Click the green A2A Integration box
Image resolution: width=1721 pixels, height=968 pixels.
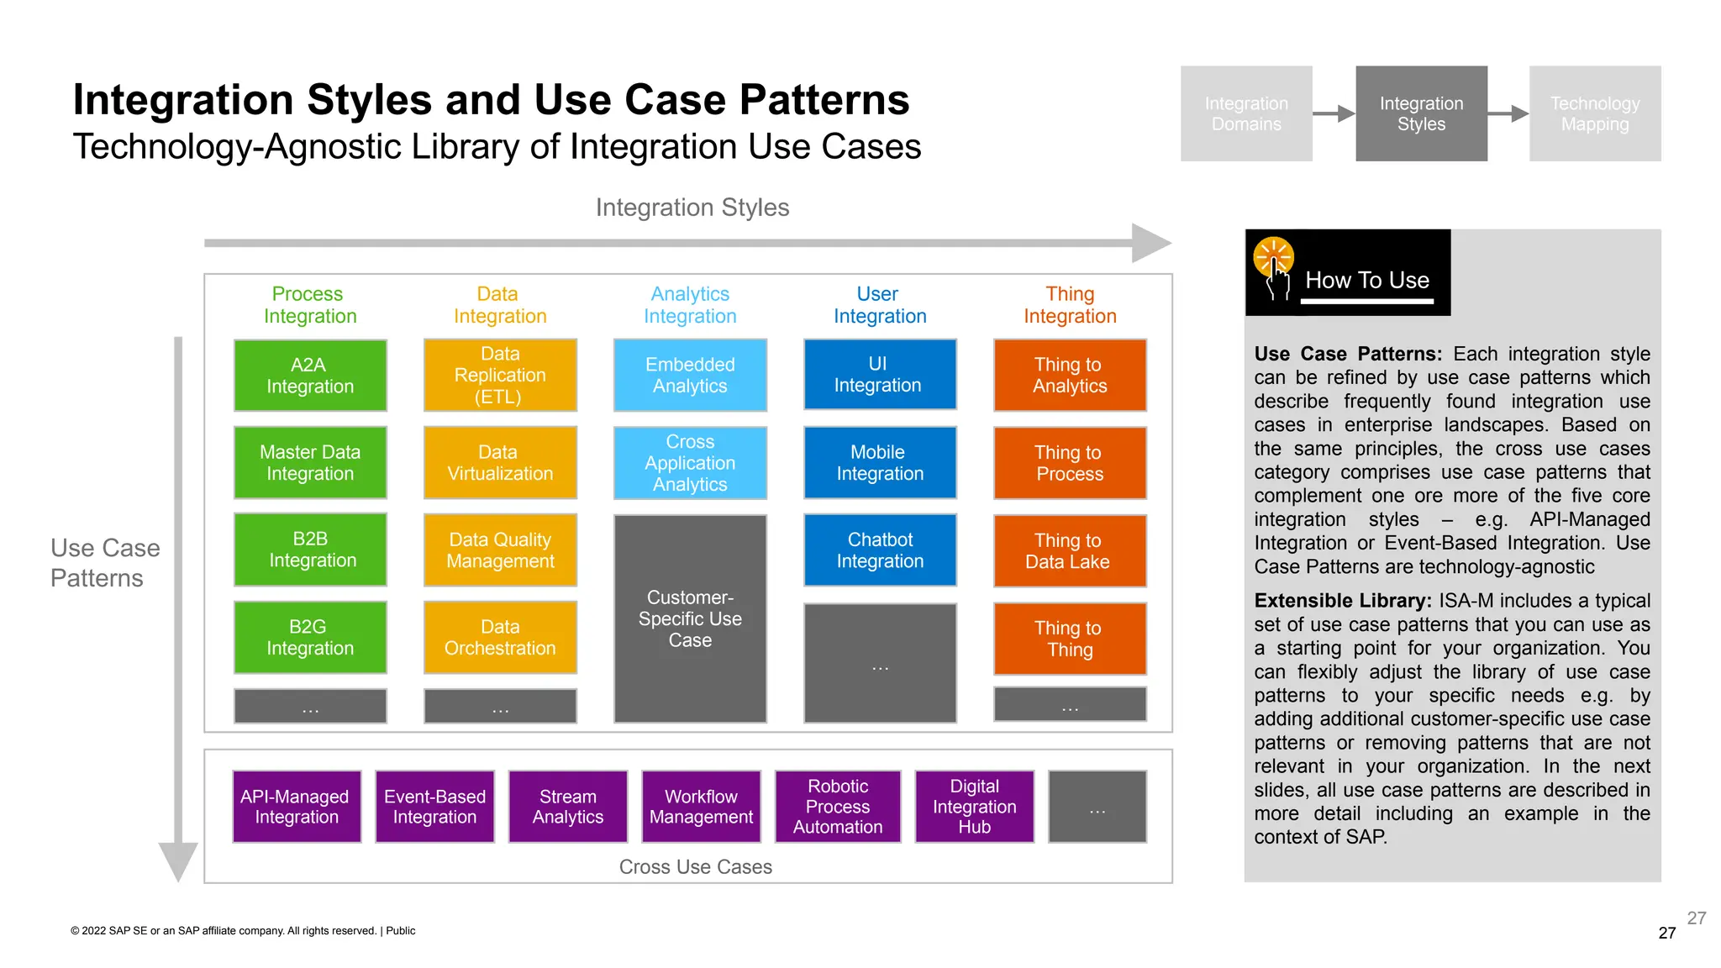(x=310, y=376)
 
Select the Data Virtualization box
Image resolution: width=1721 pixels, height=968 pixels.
(x=500, y=463)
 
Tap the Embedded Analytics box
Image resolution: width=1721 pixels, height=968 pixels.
(x=690, y=376)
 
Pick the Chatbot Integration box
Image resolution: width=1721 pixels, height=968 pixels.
(x=880, y=550)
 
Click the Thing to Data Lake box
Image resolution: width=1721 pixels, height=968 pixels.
(x=1070, y=551)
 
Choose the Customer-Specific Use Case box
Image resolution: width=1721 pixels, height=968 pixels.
(x=690, y=618)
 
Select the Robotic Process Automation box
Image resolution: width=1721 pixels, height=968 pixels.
(x=838, y=807)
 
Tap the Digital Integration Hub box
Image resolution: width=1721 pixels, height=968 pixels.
(x=974, y=807)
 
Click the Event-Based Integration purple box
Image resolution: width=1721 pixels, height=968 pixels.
(x=434, y=807)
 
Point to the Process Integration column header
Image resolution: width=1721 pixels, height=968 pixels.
(x=309, y=305)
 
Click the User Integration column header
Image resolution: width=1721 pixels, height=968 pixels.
(x=880, y=305)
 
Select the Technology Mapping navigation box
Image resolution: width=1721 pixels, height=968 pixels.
(x=1594, y=113)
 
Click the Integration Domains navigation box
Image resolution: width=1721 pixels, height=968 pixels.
(x=1246, y=113)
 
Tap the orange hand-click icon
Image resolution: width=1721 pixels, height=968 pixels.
(x=1274, y=262)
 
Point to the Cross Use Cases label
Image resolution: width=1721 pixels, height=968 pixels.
(x=695, y=866)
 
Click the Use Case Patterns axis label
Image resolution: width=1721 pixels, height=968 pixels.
(x=104, y=563)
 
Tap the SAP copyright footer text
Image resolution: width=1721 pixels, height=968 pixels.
(x=243, y=930)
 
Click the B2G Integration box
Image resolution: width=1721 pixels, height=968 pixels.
(x=310, y=638)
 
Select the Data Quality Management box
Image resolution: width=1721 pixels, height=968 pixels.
(x=500, y=550)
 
